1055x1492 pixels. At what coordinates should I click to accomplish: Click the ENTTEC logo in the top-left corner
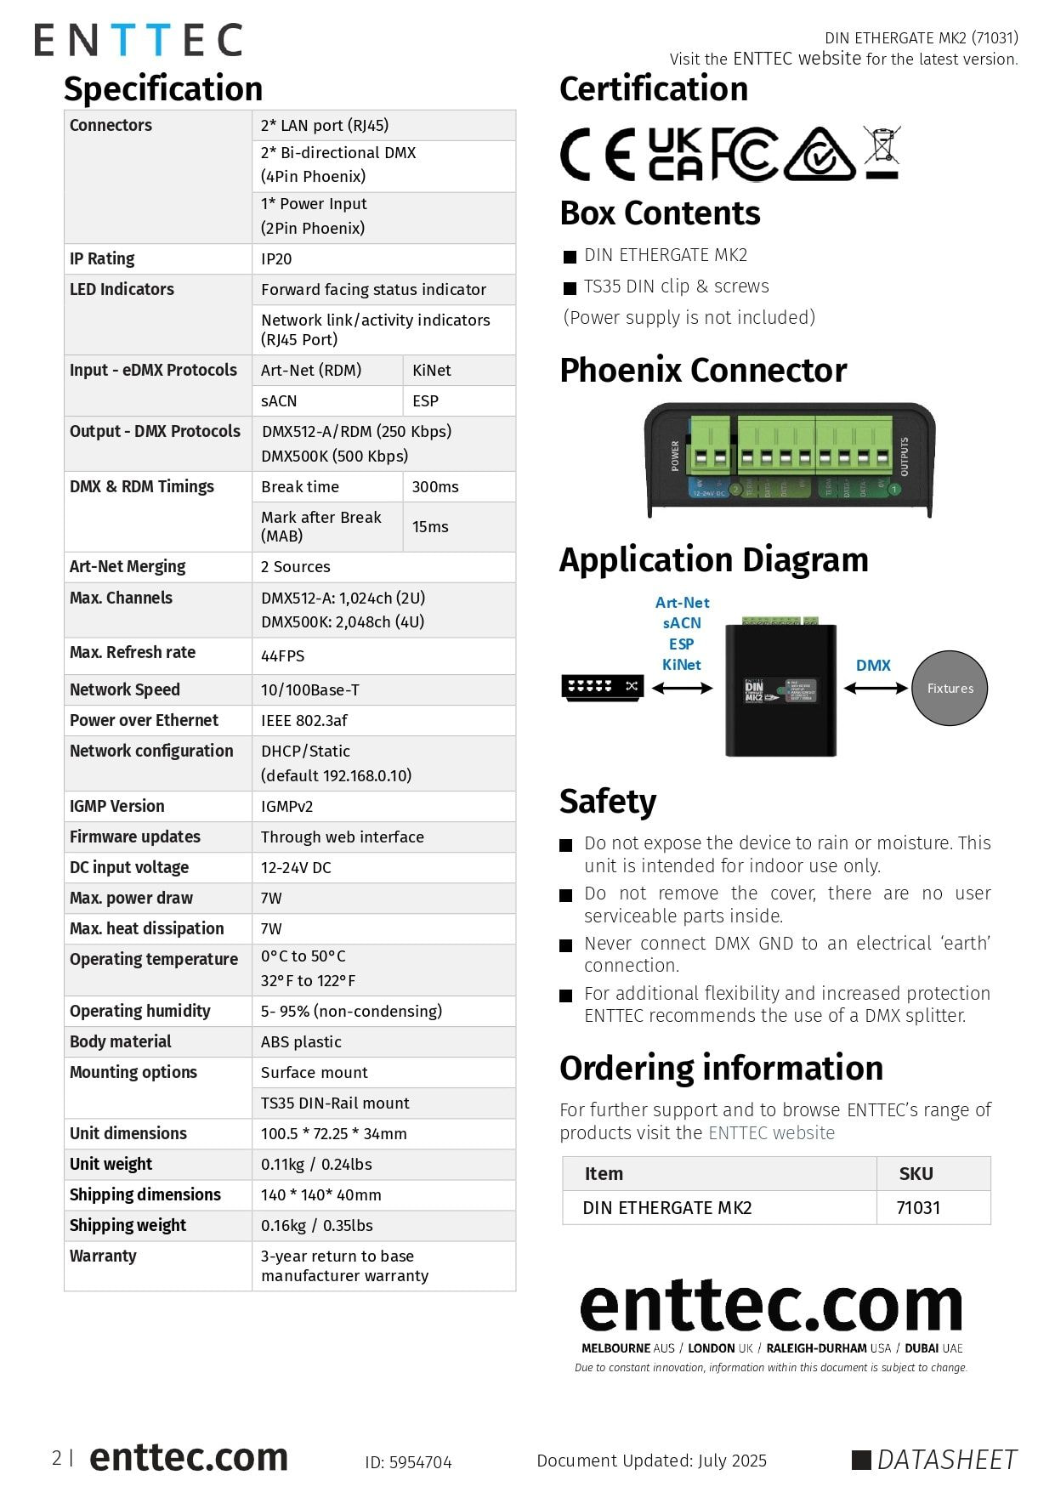pos(139,40)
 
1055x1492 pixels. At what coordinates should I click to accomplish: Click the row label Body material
pos(120,1041)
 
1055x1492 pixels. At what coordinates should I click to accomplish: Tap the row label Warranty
pos(103,1256)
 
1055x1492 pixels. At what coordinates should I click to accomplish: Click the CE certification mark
pos(597,155)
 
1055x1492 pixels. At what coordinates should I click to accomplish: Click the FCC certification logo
pos(744,155)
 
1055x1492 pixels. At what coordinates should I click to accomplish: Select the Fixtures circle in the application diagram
pos(950,689)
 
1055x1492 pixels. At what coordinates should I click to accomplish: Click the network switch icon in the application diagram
pos(602,686)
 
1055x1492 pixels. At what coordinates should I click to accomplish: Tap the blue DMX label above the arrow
pos(873,665)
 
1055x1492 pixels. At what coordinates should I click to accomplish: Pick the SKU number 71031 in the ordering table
pos(918,1207)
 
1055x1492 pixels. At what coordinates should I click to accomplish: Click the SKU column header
pos(916,1174)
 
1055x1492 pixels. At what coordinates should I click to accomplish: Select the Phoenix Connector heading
pos(703,371)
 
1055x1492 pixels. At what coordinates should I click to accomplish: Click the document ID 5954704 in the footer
pos(408,1462)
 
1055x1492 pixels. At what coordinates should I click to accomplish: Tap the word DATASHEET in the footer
pos(946,1460)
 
